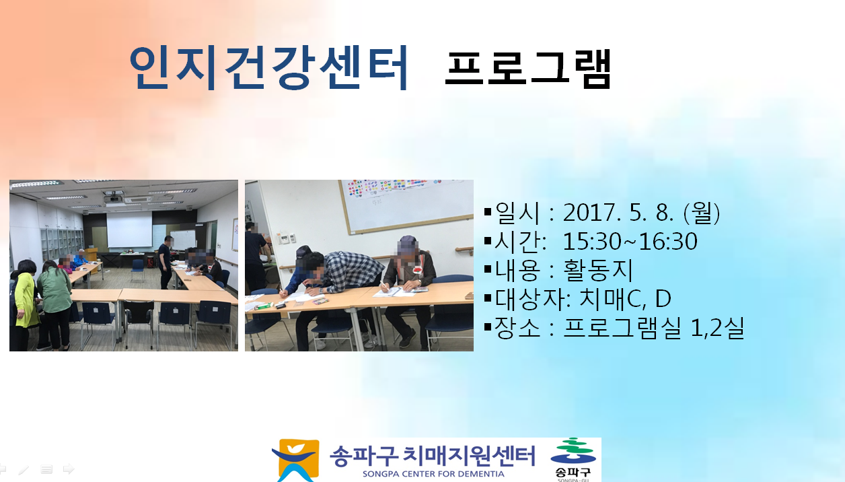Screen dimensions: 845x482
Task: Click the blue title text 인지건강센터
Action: point(268,68)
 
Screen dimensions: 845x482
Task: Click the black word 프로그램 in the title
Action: point(527,69)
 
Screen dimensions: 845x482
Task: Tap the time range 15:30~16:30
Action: point(630,242)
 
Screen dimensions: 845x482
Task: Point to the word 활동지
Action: point(597,270)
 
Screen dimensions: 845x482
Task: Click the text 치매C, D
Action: point(625,299)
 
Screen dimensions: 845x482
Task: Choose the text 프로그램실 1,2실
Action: point(653,328)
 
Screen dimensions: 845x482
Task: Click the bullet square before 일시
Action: point(487,212)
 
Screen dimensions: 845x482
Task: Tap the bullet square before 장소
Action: point(487,327)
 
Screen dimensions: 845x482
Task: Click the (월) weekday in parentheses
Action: point(702,213)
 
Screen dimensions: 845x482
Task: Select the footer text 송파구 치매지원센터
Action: point(433,456)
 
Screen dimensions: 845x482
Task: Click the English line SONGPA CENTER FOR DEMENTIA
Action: point(433,474)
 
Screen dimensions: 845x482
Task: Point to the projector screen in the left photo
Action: point(129,229)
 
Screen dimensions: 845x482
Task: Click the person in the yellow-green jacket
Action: point(26,303)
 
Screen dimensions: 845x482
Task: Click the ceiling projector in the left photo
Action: point(113,199)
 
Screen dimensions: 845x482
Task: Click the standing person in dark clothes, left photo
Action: point(166,262)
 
